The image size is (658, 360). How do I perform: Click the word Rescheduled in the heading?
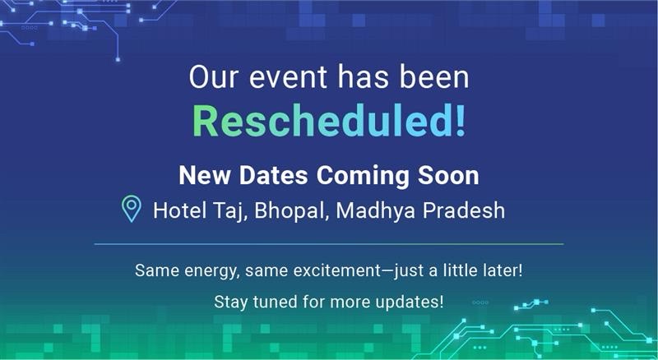point(323,121)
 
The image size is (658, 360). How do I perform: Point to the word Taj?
point(229,211)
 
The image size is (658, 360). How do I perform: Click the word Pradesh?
point(463,210)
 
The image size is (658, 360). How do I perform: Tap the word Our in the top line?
point(214,77)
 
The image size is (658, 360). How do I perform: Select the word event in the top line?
point(288,78)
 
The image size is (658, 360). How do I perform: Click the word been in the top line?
point(434,77)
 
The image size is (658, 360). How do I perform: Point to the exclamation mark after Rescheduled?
point(461,121)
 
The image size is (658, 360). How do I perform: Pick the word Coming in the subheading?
point(363,176)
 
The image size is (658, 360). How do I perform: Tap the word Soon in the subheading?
point(448,175)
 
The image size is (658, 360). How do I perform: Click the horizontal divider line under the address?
point(329,244)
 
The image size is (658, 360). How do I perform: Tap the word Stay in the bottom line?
point(231,302)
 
